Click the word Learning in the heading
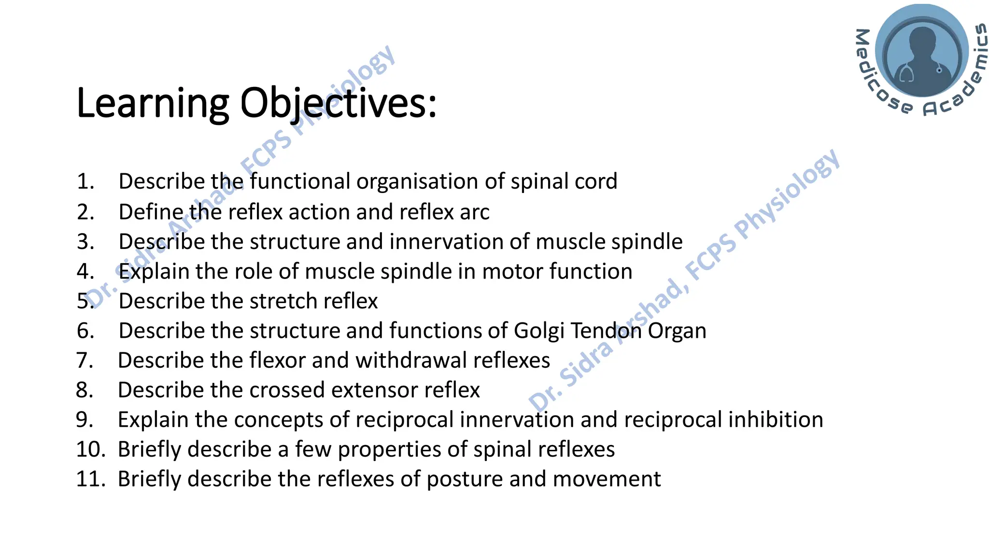point(153,103)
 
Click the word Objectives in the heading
point(338,103)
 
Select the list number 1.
point(85,181)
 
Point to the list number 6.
point(85,331)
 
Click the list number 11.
point(90,479)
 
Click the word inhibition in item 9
point(776,420)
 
